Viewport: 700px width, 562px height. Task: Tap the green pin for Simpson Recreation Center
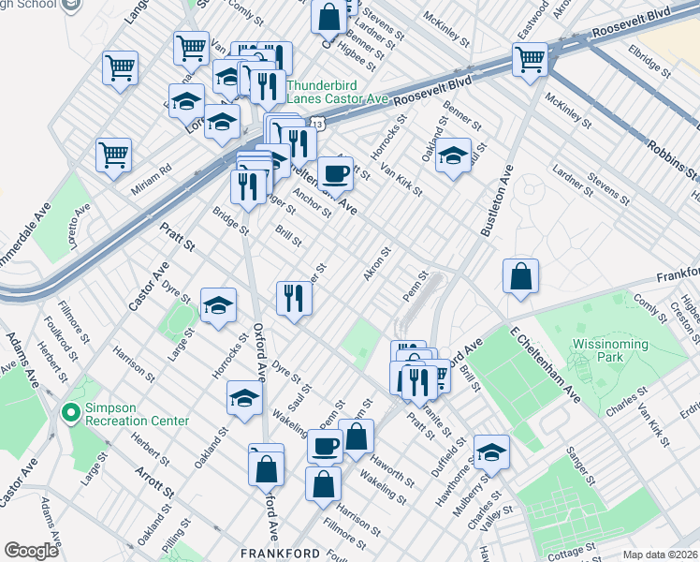click(68, 412)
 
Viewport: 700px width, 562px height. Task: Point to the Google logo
click(31, 551)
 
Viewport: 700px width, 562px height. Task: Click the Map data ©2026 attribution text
click(661, 555)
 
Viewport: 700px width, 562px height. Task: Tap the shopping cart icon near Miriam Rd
click(113, 155)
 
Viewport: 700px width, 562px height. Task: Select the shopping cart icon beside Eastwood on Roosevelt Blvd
click(530, 59)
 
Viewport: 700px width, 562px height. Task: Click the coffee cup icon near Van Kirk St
click(335, 173)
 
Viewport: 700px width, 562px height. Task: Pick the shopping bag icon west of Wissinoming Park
click(520, 276)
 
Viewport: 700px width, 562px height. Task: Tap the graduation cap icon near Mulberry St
click(491, 452)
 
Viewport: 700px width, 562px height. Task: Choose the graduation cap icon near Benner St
click(453, 155)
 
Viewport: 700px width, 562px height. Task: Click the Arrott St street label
click(154, 480)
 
